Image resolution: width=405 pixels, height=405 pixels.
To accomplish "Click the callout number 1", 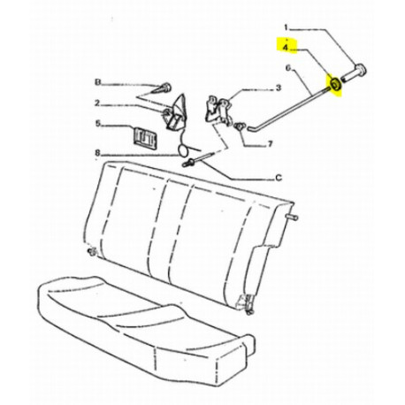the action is pos(286,27).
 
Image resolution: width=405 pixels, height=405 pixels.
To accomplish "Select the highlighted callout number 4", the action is pos(286,48).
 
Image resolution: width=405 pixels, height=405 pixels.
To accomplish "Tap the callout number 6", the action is pos(288,68).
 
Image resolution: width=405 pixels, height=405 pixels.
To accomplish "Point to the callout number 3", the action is pos(279,88).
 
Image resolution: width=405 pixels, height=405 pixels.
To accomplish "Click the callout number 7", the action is pos(270,144).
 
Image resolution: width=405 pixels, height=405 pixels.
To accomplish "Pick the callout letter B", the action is pos(97,82).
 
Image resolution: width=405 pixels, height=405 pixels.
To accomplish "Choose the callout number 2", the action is pos(97,103).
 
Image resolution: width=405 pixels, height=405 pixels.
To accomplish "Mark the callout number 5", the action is pos(98,124).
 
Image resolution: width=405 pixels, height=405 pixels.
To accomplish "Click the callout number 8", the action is pos(97,153).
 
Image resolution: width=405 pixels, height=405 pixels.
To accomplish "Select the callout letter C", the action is pos(279,178).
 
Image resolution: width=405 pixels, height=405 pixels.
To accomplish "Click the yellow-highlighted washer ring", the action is pos(335,84).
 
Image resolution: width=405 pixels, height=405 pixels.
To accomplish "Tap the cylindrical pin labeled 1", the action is pos(355,73).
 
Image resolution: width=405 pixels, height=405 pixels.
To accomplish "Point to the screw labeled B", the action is pos(162,88).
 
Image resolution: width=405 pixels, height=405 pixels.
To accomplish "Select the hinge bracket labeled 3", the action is pos(219,110).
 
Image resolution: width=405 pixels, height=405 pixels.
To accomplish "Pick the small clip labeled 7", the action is pos(239,127).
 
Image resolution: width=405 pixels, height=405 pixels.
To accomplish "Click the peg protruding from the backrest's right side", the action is pos(292,218).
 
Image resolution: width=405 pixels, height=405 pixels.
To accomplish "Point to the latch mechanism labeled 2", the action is pos(174,113).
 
